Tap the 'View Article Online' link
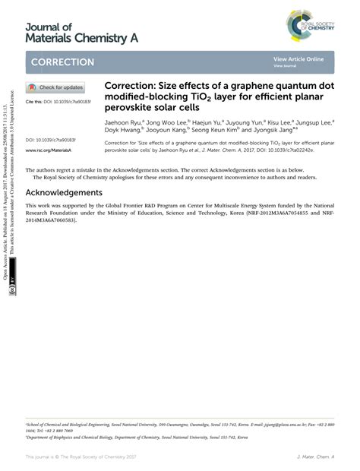[x=298, y=59]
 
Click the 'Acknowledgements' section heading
[x=64, y=192]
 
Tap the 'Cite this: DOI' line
[x=58, y=101]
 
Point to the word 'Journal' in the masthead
[x=48, y=27]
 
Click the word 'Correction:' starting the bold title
[x=127, y=86]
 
